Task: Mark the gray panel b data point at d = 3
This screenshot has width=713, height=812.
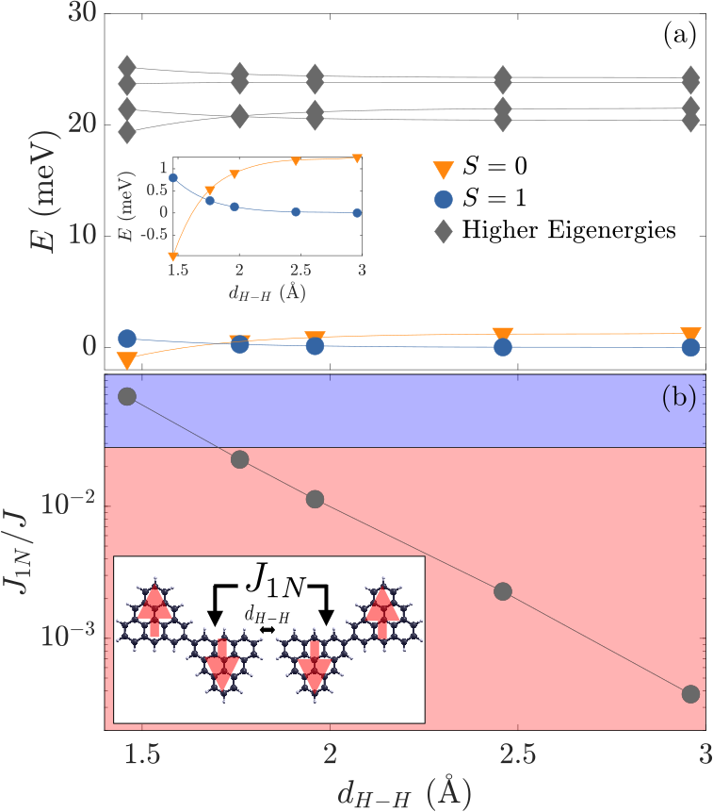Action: click(690, 694)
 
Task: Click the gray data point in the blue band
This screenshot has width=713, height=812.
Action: click(127, 397)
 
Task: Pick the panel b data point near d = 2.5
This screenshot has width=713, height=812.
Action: click(503, 590)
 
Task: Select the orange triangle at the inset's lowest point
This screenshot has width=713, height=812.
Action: click(173, 256)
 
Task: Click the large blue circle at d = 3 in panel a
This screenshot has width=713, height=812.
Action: click(690, 347)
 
